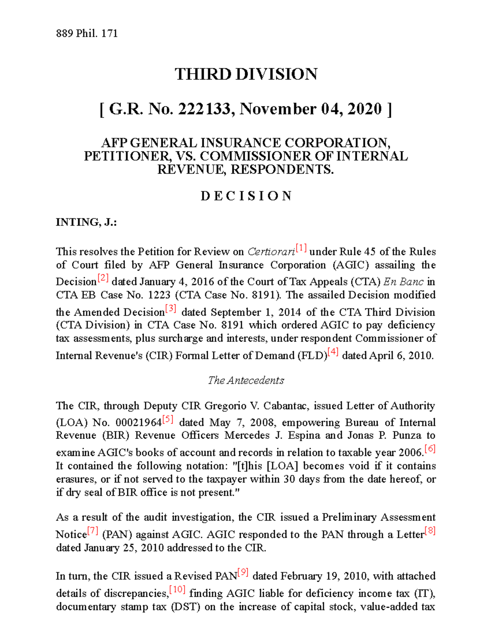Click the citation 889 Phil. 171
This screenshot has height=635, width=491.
[87, 34]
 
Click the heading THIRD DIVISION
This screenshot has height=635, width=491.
[246, 74]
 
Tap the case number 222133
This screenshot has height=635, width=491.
[204, 109]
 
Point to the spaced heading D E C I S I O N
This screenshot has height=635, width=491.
[246, 196]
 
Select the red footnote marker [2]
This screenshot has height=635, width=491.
[103, 278]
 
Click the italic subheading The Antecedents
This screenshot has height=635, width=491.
[246, 380]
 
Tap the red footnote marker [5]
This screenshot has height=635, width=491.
[168, 419]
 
